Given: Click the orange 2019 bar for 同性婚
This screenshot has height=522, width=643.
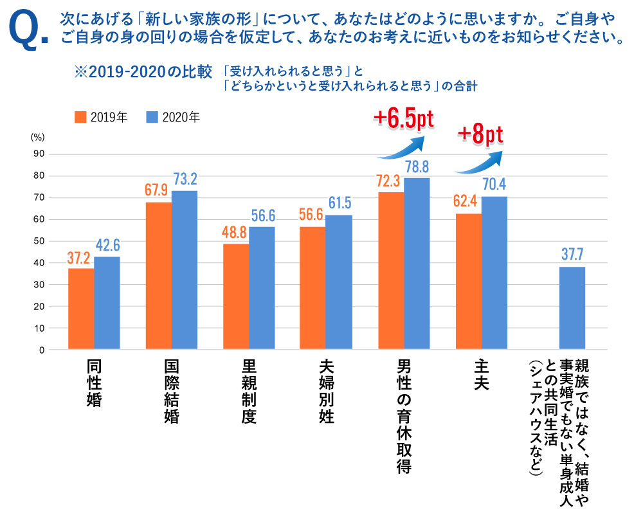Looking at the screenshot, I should click(x=80, y=309).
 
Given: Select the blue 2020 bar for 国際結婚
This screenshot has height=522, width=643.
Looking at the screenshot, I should click(x=184, y=270).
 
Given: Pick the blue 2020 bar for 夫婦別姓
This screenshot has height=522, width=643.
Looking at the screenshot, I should click(x=338, y=282).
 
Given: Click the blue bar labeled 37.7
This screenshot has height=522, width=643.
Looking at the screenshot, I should click(x=572, y=308).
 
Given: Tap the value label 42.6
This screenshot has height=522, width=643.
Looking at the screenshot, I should click(x=107, y=246).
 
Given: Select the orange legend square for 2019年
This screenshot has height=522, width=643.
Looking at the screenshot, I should click(x=80, y=117).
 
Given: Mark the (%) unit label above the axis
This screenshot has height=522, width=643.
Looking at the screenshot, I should click(x=37, y=136).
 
